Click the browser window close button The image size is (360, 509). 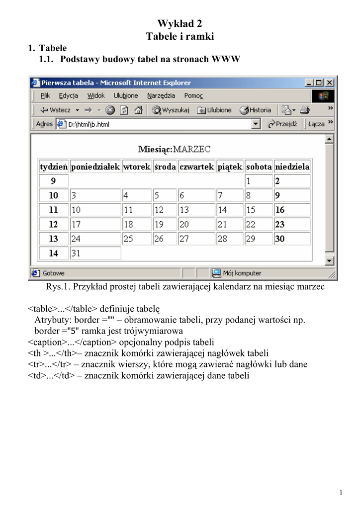tap(330, 83)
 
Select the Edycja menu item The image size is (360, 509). tap(68, 95)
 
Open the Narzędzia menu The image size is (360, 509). tap(161, 95)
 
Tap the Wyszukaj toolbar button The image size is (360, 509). tap(171, 110)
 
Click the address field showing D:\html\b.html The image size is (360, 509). tap(154, 124)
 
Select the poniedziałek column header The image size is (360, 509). tap(96, 167)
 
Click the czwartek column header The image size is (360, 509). tap(196, 167)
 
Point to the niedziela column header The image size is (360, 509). tap(292, 167)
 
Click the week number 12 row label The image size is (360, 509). tap(53, 224)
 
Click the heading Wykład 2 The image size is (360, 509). tap(180, 23)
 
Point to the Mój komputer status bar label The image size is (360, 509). tap(242, 273)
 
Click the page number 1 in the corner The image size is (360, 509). tap(341, 493)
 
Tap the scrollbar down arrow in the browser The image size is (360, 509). tap(329, 260)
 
